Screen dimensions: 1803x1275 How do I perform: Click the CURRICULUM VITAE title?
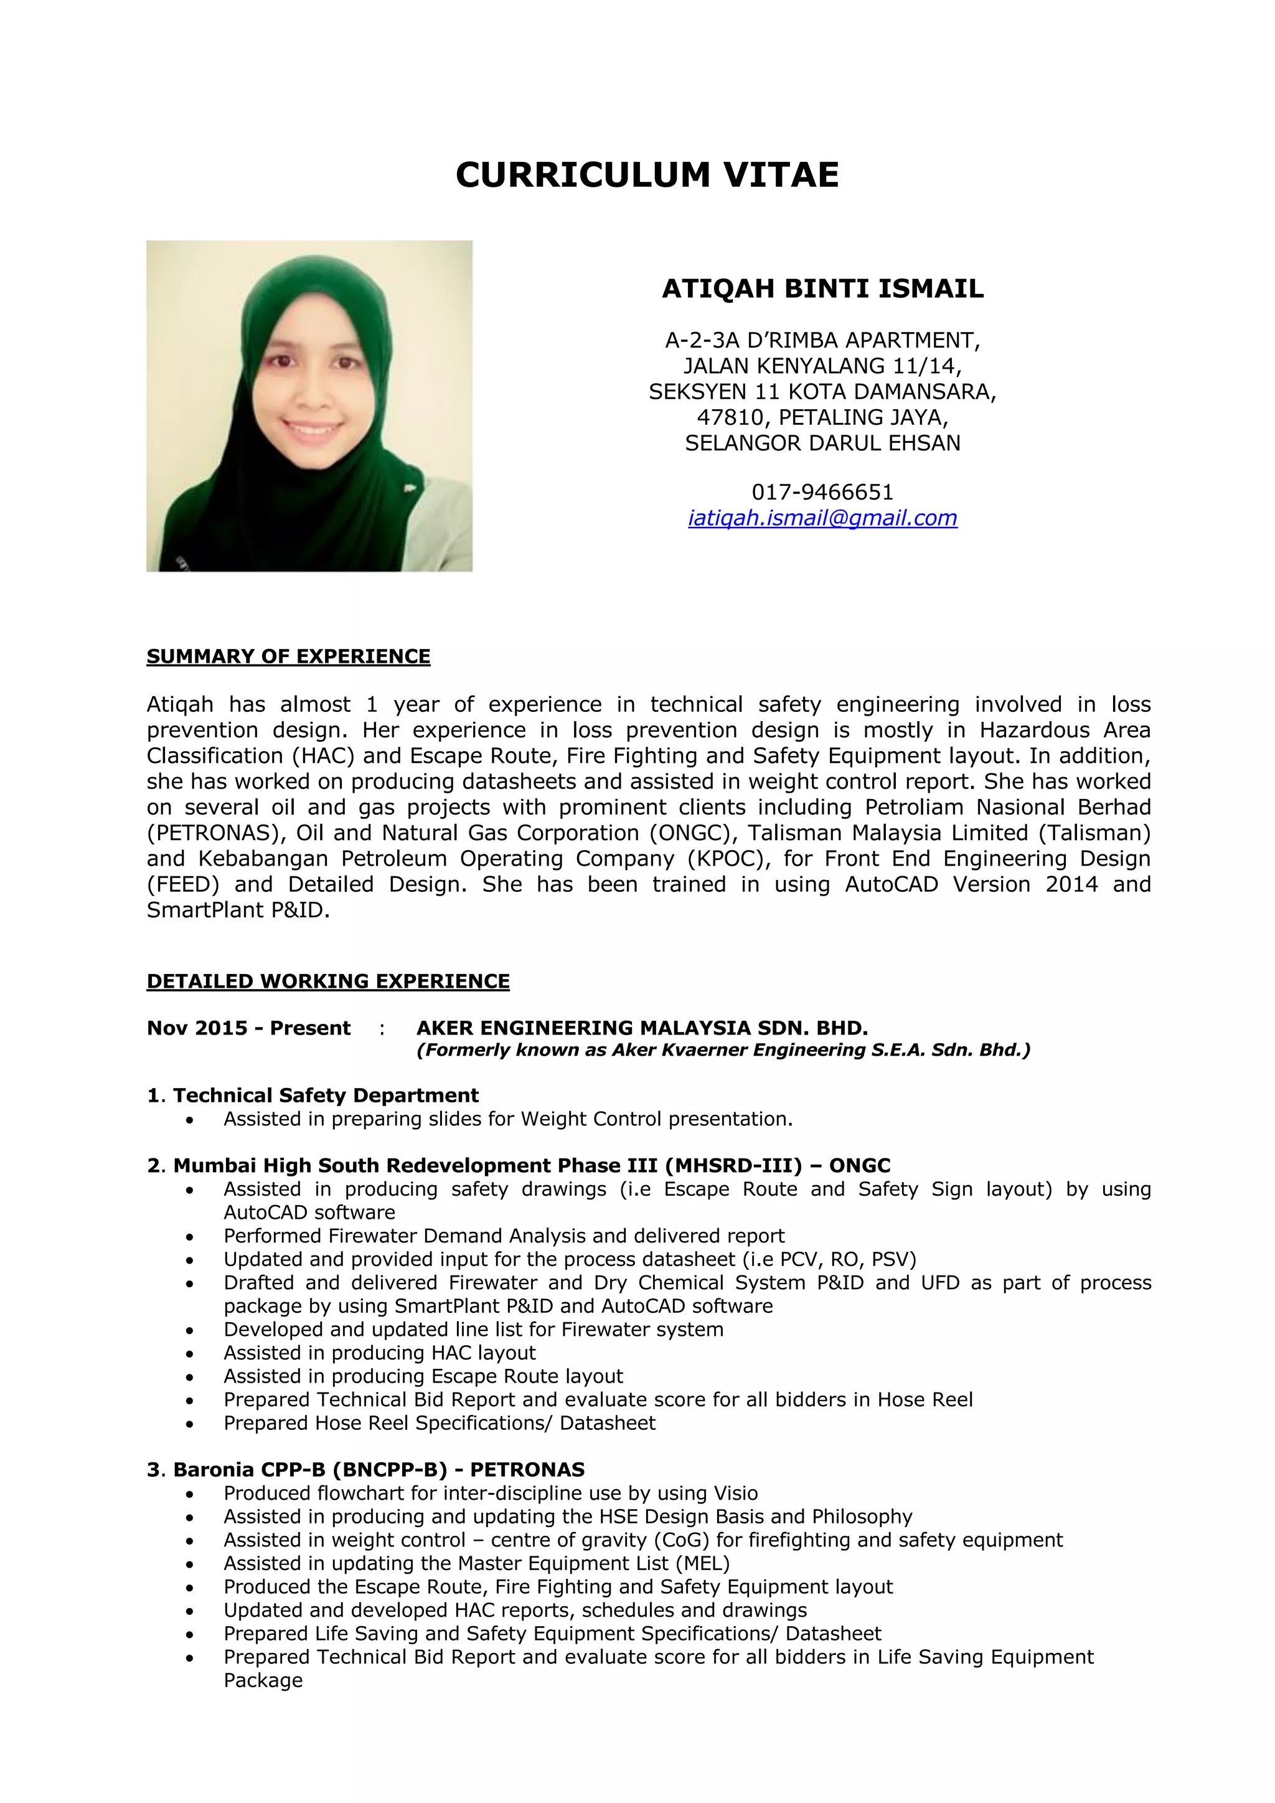pos(647,174)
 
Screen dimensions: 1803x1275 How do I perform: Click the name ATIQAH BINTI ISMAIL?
pos(822,289)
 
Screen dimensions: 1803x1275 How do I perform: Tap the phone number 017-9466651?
pos(822,493)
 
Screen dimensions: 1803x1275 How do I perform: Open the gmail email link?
pos(822,518)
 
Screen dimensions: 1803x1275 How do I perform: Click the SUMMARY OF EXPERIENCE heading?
pos(288,656)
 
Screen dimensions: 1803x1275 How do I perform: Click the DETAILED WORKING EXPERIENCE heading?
pos(328,982)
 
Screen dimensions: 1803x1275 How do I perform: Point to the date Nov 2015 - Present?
pos(248,1028)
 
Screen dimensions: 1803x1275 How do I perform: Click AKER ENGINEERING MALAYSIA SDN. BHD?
pos(641,1028)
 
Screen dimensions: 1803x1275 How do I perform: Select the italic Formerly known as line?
pos(722,1051)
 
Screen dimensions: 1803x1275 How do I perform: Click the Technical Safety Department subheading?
pos(325,1096)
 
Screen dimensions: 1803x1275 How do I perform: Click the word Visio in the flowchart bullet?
pos(736,1493)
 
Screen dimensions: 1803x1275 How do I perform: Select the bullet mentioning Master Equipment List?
pos(476,1563)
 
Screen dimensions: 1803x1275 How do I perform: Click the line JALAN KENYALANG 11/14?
pos(822,366)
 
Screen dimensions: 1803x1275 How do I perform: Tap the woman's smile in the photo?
pos(312,430)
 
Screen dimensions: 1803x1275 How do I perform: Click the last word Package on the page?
pos(263,1680)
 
